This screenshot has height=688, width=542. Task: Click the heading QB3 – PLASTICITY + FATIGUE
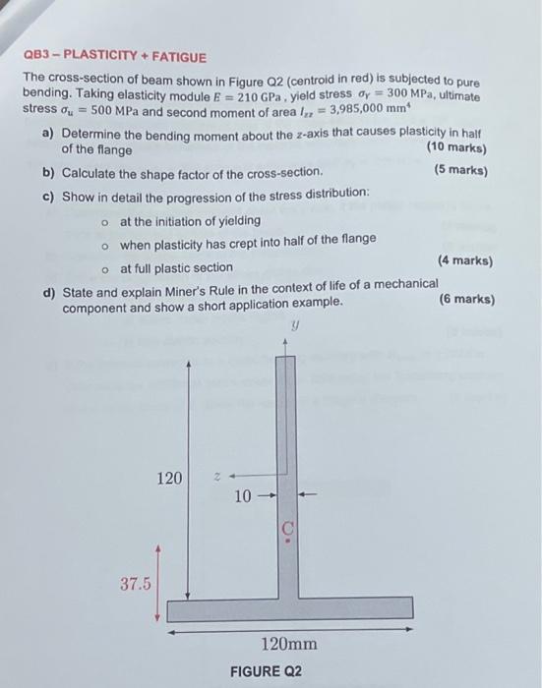coord(115,58)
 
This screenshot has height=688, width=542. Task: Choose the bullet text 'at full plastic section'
coord(176,267)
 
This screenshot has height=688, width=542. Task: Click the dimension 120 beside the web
coord(169,479)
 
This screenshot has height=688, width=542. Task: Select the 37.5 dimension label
coord(136,584)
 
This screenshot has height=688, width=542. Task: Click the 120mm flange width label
coord(288,645)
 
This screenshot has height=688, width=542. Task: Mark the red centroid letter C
coord(287,531)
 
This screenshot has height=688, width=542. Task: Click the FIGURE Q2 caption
coord(266,671)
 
